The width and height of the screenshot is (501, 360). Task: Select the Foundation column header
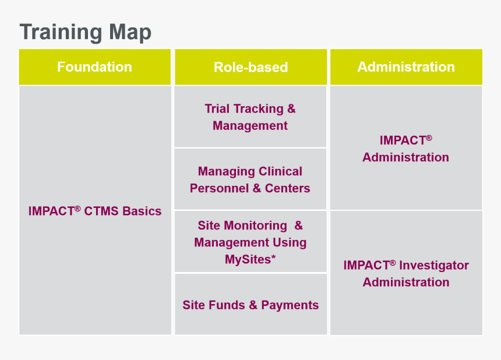(x=94, y=67)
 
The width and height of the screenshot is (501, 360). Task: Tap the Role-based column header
(x=250, y=67)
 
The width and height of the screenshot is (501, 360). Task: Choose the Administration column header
(x=406, y=67)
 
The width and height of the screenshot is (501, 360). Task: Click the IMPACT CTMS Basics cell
(x=95, y=211)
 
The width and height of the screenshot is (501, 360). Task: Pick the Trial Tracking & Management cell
(x=250, y=117)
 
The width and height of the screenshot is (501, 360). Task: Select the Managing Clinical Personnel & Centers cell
(x=250, y=179)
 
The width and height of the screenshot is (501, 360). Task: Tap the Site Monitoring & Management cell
(x=250, y=242)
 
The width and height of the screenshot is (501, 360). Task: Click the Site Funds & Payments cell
(x=250, y=305)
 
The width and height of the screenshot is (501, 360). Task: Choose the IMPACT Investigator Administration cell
(x=406, y=273)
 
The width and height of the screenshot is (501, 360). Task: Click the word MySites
(x=248, y=259)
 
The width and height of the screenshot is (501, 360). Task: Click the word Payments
(x=290, y=305)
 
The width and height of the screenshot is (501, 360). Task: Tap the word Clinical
(x=275, y=171)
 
